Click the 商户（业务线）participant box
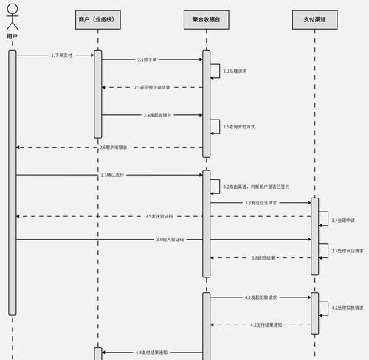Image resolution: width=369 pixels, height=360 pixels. pyautogui.click(x=98, y=20)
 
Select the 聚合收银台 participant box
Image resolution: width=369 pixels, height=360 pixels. pyautogui.click(x=207, y=20)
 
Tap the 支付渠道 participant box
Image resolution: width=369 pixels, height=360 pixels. pyautogui.click(x=315, y=20)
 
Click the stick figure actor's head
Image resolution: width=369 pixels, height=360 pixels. pyautogui.click(x=13, y=9)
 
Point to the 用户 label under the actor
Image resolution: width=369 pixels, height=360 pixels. pyautogui.click(x=12, y=36)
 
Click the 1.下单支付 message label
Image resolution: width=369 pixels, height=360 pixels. pyautogui.click(x=61, y=55)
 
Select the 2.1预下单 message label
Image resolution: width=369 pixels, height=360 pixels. pyautogui.click(x=147, y=60)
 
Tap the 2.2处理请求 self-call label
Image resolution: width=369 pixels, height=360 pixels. pyautogui.click(x=235, y=71)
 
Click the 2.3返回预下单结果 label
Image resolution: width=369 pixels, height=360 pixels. pyautogui.click(x=152, y=87)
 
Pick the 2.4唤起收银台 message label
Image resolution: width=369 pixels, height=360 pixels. pyautogui.click(x=157, y=115)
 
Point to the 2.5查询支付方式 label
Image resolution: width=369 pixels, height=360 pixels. pyautogui.click(x=239, y=127)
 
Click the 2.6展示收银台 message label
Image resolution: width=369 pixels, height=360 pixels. pyautogui.click(x=114, y=148)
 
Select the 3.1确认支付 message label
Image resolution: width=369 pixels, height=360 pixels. pyautogui.click(x=112, y=175)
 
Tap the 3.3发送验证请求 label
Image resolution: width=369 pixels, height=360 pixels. pyautogui.click(x=261, y=203)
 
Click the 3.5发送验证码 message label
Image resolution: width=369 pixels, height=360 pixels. pyautogui.click(x=159, y=216)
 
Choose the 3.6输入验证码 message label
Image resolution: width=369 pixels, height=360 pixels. pyautogui.click(x=170, y=240)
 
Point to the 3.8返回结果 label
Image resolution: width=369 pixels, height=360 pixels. pyautogui.click(x=263, y=258)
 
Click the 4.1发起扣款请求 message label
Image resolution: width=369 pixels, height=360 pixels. pyautogui.click(x=261, y=297)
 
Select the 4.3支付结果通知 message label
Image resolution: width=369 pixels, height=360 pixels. pyautogui.click(x=266, y=325)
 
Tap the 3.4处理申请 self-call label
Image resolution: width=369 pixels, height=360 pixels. pyautogui.click(x=343, y=221)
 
